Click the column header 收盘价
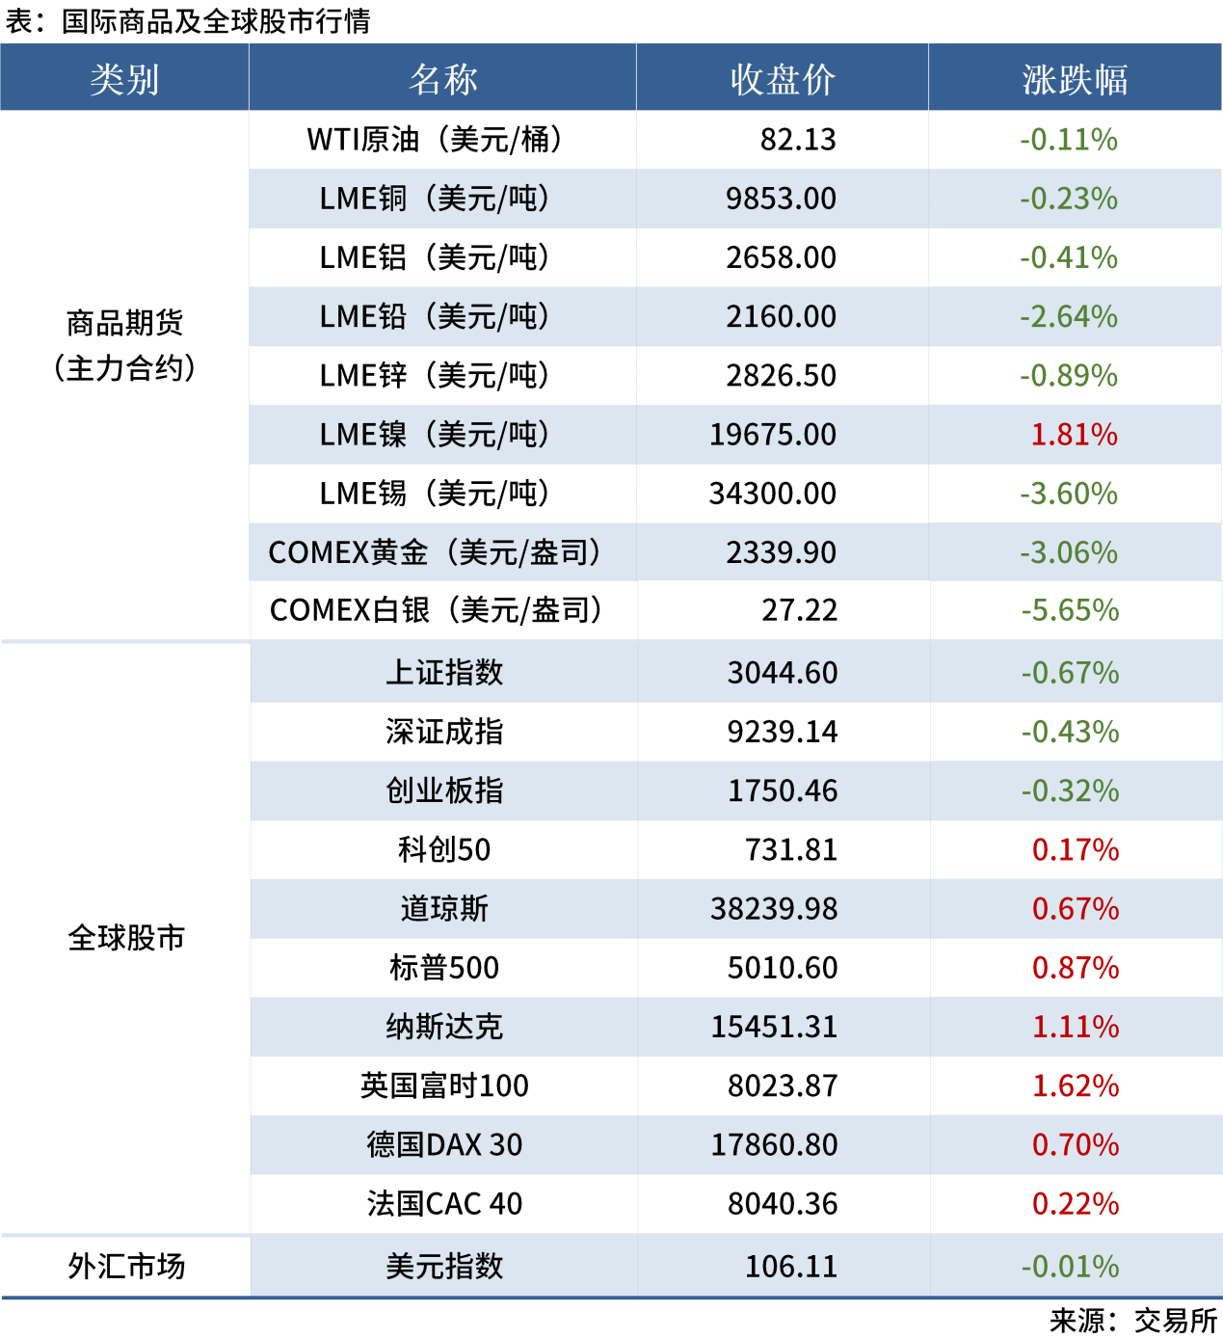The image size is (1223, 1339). click(782, 79)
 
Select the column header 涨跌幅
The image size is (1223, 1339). click(1075, 79)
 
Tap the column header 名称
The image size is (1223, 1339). click(442, 79)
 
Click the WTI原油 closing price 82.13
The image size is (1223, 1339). click(798, 140)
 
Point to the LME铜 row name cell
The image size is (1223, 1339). click(435, 199)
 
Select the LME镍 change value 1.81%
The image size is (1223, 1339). click(1074, 435)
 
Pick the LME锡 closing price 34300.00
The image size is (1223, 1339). click(773, 494)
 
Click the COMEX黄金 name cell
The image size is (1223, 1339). click(435, 552)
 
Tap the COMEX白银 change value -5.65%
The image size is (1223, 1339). click(1070, 610)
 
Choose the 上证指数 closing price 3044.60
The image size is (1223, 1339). click(783, 673)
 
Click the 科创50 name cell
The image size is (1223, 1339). click(444, 849)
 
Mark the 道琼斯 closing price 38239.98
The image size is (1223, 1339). click(774, 909)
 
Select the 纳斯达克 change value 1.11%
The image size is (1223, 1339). click(1076, 1027)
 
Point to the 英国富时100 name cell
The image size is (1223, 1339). click(444, 1085)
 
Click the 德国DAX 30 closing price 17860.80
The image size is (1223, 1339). click(774, 1145)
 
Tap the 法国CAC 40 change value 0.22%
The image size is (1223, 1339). click(1076, 1204)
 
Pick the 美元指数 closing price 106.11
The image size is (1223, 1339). click(791, 1267)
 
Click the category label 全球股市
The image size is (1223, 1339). click(126, 938)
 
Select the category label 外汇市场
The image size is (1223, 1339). click(126, 1267)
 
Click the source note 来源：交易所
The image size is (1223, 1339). click(1133, 1320)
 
